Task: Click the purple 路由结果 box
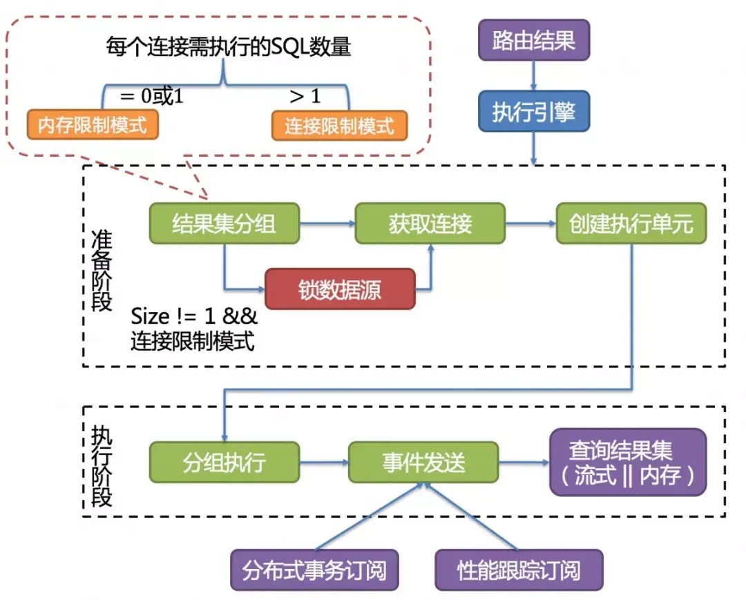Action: click(533, 40)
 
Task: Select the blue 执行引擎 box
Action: click(533, 111)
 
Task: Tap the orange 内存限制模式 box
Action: click(93, 125)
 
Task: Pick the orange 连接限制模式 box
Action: click(339, 126)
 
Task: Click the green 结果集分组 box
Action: click(224, 223)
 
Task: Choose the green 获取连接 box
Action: click(430, 223)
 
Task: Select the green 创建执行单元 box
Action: click(631, 223)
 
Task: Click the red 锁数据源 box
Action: click(340, 289)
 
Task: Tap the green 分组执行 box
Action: click(224, 462)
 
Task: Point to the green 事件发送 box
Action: click(423, 462)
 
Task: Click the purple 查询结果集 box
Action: click(628, 462)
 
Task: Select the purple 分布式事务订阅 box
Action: click(314, 570)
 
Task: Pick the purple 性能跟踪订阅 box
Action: click(519, 570)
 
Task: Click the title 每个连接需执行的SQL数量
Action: click(228, 47)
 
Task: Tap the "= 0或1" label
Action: click(151, 97)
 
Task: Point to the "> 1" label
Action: click(305, 97)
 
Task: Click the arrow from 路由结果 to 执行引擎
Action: click(533, 75)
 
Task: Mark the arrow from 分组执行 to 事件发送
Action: click(324, 462)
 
